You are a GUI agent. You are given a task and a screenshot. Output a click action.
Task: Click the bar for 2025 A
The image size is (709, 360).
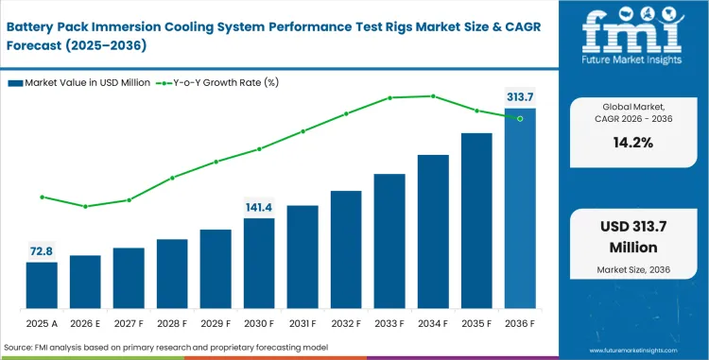[x=42, y=285]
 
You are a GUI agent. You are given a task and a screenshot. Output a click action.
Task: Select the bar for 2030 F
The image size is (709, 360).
[x=259, y=264]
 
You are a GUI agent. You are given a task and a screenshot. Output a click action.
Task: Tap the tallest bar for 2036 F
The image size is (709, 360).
[x=520, y=208]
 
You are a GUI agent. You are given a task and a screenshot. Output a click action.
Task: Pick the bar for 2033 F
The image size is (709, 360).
[x=389, y=241]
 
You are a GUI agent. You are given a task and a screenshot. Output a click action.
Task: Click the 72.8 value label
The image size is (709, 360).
[x=42, y=250]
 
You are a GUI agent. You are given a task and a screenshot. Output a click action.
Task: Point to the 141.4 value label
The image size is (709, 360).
[x=259, y=207]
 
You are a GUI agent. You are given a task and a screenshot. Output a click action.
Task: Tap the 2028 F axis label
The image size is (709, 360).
[x=172, y=322]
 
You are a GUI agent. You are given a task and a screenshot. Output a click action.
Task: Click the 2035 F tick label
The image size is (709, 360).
[x=476, y=322]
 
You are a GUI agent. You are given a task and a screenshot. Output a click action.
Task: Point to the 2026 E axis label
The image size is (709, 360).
[x=85, y=322]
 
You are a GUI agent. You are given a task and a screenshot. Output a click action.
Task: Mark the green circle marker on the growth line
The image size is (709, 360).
[x=520, y=118]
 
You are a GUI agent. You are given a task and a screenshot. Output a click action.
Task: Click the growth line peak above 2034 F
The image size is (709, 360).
[x=433, y=95]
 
